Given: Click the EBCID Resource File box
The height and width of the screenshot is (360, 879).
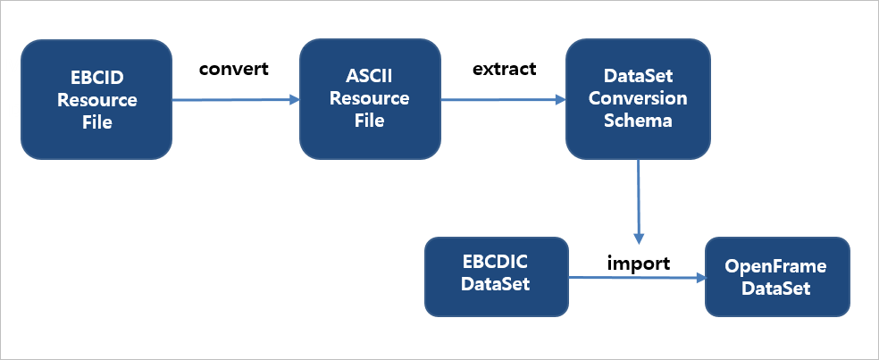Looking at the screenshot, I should (x=96, y=99).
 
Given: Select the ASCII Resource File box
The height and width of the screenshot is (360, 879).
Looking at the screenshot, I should (x=370, y=99).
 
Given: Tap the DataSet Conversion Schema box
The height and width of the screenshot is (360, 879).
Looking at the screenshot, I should (x=638, y=99).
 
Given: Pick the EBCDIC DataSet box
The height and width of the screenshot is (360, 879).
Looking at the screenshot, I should (x=496, y=276).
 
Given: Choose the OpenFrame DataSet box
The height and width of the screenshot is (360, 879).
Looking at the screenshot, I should (x=776, y=276).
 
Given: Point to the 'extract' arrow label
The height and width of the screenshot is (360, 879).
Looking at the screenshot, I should (x=504, y=69).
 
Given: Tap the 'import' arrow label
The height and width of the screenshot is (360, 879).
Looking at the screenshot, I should (x=639, y=263).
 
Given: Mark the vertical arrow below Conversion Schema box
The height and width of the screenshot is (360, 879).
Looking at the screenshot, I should (x=639, y=201).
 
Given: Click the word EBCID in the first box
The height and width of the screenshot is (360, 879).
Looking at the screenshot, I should (x=96, y=79).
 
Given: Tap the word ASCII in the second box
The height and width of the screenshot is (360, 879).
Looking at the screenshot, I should (x=370, y=79).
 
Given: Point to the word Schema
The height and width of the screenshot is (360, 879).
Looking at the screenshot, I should (x=638, y=120).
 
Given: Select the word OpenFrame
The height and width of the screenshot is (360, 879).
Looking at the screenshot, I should (x=776, y=266).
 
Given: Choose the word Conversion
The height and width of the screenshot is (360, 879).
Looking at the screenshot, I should (x=638, y=99).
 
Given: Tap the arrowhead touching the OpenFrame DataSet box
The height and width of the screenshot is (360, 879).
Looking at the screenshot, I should (x=699, y=278).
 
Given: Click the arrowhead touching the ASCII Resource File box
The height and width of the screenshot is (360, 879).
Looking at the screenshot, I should (x=294, y=100).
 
